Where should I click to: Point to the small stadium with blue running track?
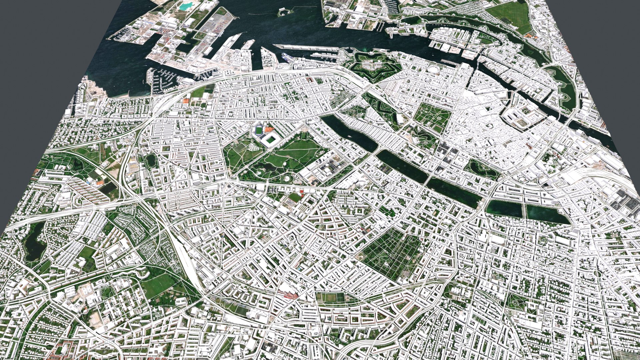pyautogui.click(x=258, y=130)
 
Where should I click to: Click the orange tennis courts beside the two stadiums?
pyautogui.click(x=269, y=129)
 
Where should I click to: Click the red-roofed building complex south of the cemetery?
pyautogui.click(x=289, y=295)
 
